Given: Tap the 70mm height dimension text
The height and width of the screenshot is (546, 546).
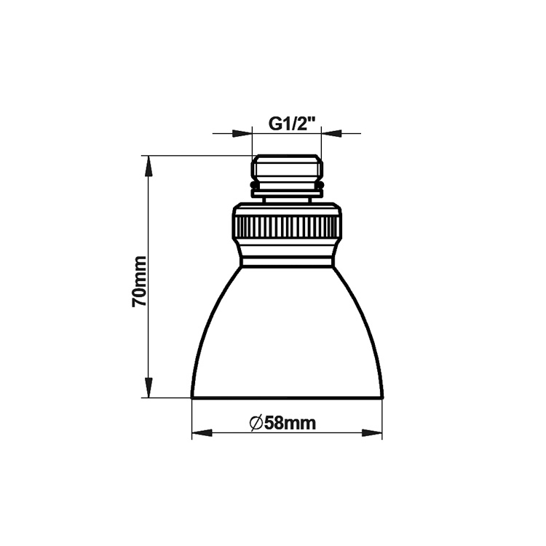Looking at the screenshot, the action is point(139,281).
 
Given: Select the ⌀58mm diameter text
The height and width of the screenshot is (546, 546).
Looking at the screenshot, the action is point(282,423).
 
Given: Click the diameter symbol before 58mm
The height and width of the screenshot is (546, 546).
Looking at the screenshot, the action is point(256,424).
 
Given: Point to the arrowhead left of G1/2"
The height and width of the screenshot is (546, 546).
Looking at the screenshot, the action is point(242,133).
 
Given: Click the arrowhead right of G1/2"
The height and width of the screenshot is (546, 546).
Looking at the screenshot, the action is point(331,133).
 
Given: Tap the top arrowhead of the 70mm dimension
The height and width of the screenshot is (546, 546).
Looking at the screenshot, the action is point(149,166).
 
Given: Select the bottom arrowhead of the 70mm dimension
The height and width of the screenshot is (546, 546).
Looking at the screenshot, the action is point(149,387).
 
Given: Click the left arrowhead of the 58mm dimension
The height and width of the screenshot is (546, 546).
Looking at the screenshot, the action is point(202,433).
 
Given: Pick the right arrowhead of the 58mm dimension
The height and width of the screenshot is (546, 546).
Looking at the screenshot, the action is point(372,433).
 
